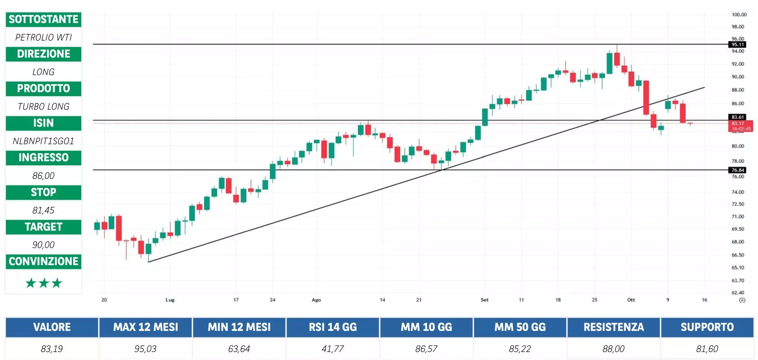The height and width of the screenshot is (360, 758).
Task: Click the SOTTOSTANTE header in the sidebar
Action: click(x=43, y=19)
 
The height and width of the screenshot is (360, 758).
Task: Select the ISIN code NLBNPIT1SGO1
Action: click(x=43, y=141)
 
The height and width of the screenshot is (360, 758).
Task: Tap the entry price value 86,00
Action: click(x=43, y=176)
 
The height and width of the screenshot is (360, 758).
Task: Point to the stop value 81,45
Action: click(x=43, y=210)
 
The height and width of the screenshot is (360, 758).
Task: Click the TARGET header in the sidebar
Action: click(x=43, y=227)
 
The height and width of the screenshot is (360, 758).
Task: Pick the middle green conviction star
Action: click(x=44, y=283)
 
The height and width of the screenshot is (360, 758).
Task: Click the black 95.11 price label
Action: click(x=738, y=44)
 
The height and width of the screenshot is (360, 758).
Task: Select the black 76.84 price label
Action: click(x=738, y=170)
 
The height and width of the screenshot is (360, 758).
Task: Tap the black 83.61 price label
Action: click(x=738, y=117)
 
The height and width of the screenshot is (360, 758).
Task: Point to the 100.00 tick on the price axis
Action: click(x=739, y=14)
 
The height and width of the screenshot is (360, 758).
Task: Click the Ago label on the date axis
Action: click(x=316, y=300)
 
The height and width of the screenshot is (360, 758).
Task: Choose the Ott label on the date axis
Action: click(x=631, y=300)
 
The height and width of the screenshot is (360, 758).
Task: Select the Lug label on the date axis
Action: click(x=170, y=300)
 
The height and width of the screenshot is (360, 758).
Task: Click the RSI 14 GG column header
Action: click(x=333, y=327)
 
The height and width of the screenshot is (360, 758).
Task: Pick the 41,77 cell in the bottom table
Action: click(x=333, y=349)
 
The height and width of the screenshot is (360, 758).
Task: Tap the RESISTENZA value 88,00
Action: click(x=614, y=349)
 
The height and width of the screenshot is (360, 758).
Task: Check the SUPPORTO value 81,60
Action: click(x=707, y=349)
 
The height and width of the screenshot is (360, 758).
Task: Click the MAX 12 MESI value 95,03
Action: click(x=145, y=349)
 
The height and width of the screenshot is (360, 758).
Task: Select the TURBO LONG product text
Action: click(x=43, y=107)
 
